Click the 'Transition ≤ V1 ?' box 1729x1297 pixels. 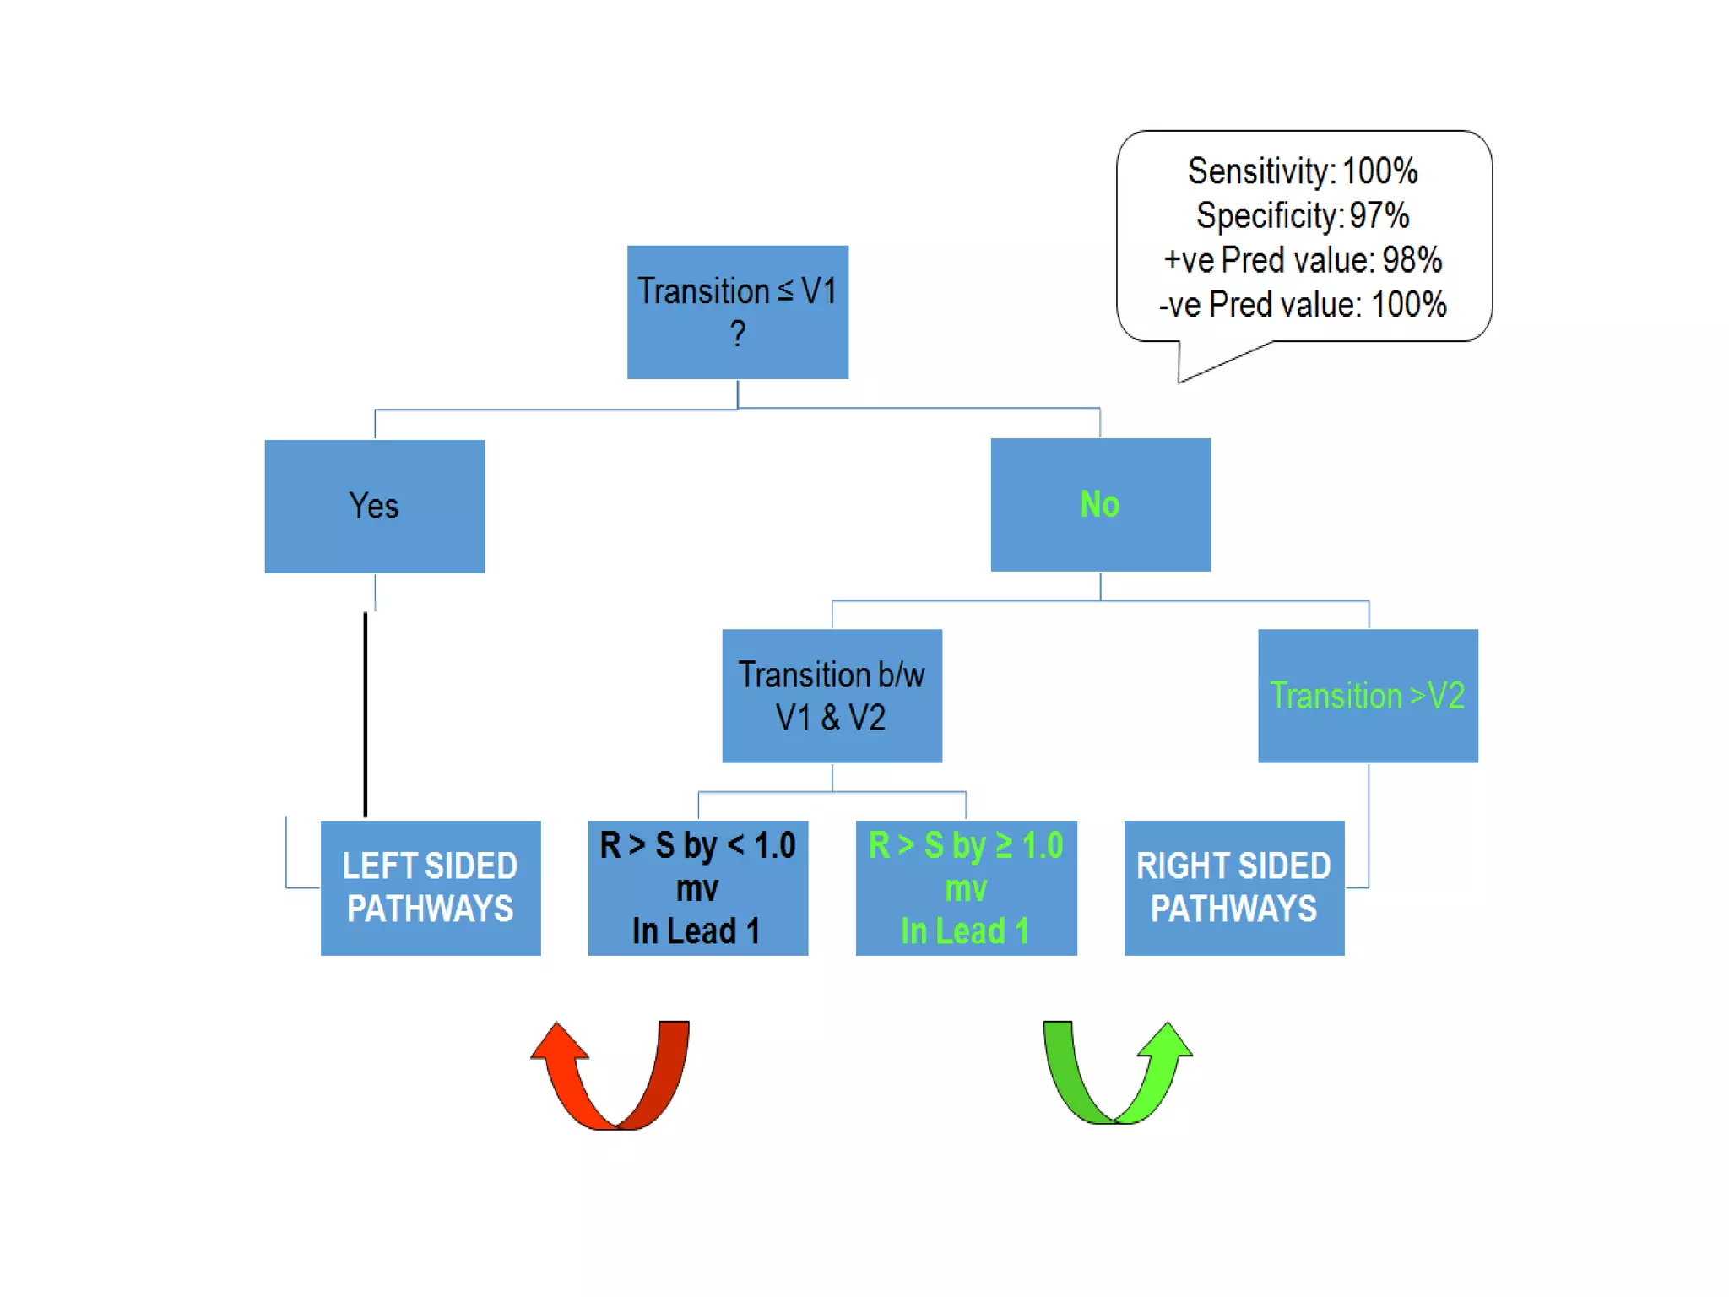[737, 312]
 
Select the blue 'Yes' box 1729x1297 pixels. [374, 506]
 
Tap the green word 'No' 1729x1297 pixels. [1099, 504]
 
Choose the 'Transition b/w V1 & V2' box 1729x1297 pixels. [832, 696]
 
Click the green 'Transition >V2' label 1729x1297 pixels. [1367, 696]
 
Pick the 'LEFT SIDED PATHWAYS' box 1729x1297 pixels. [430, 887]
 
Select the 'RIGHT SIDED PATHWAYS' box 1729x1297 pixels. [1233, 887]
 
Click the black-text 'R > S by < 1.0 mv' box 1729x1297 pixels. [697, 887]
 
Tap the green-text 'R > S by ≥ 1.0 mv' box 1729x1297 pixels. [966, 887]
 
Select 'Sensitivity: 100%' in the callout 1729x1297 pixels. [1303, 171]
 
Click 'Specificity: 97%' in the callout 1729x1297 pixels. [1303, 216]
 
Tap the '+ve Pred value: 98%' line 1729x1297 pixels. [1303, 260]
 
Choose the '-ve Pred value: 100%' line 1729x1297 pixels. [1303, 305]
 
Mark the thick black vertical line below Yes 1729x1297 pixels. [365, 714]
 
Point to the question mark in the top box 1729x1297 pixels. [738, 334]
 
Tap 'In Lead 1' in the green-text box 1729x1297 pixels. [965, 931]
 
